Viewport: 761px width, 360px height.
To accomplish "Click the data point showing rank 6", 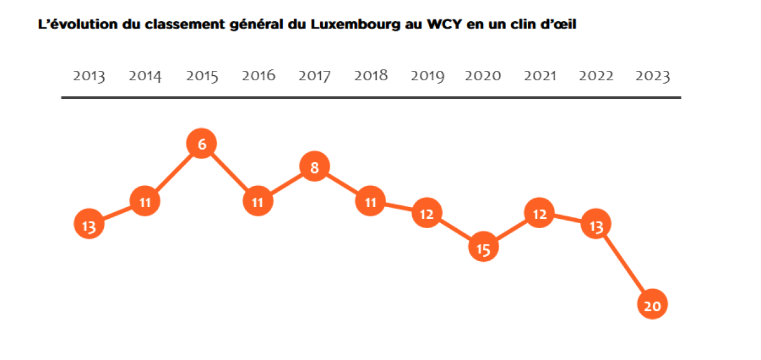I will [201, 144].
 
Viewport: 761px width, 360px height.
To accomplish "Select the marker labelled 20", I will [653, 305].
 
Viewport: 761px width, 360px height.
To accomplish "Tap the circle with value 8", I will [315, 167].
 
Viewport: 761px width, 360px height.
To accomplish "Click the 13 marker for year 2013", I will [89, 226].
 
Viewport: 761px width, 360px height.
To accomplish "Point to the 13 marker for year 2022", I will [596, 226].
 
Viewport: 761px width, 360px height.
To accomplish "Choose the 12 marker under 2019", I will [427, 214].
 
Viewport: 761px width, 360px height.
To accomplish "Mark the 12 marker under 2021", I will [540, 214].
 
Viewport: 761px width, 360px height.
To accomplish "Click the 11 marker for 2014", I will [145, 201].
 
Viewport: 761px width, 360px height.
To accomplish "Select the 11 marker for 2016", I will [258, 201].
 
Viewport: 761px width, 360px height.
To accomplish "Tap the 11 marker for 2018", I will [371, 201].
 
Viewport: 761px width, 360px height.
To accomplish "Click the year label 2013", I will [89, 76].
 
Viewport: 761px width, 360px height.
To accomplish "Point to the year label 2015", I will [202, 76].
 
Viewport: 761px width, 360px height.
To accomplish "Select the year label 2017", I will [315, 76].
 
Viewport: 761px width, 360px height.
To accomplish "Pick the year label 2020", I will [483, 76].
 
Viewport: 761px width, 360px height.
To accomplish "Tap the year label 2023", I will [653, 76].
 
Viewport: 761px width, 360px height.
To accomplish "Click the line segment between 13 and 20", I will [625, 265].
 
